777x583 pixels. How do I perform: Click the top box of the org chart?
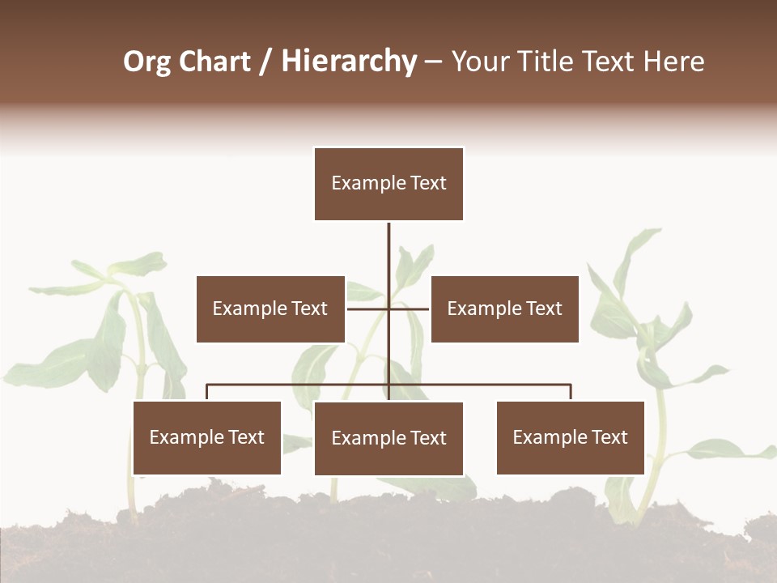click(388, 184)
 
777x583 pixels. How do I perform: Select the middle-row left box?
click(270, 309)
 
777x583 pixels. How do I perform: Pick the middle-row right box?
click(505, 309)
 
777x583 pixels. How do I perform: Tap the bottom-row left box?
click(207, 437)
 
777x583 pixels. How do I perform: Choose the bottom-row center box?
click(388, 438)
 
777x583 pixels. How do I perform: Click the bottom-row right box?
click(570, 437)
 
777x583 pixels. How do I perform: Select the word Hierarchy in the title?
click(349, 62)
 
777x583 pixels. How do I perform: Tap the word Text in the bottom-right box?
click(609, 437)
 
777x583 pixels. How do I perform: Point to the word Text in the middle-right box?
click(543, 309)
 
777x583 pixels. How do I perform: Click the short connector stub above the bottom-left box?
click(207, 393)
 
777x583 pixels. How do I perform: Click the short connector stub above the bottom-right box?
click(571, 393)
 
